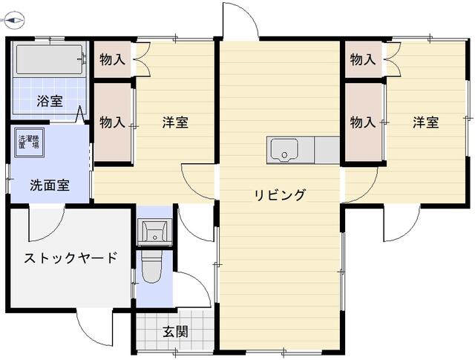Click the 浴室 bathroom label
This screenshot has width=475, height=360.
[x=51, y=100]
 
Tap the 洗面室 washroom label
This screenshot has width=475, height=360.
[x=50, y=186]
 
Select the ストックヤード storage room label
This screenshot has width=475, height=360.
[x=71, y=259]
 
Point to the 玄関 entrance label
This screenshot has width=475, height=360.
[x=175, y=332]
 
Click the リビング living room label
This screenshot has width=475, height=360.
[x=281, y=196]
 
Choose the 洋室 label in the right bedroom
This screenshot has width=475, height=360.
[x=425, y=122]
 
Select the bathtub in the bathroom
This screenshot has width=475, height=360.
[x=48, y=59]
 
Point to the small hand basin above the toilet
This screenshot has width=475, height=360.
[x=154, y=231]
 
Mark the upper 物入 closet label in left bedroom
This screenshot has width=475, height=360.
[x=111, y=59]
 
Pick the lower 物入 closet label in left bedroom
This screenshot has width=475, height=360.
[x=111, y=122]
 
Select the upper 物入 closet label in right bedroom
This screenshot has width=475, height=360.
[x=361, y=59]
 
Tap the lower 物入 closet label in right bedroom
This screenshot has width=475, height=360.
[x=361, y=122]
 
